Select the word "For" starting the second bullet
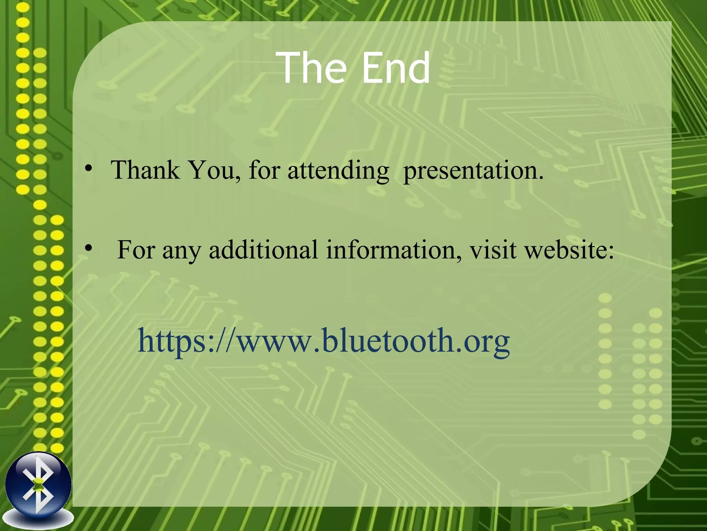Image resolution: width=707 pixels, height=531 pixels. tap(136, 249)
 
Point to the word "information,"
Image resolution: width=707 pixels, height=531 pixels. tap(394, 249)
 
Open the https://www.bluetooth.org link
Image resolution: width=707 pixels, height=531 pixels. tap(323, 341)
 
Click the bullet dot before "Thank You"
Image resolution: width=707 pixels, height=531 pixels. tap(89, 169)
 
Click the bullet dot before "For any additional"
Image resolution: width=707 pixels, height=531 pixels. tap(89, 248)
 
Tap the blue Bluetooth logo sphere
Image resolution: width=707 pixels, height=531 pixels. tap(38, 486)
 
